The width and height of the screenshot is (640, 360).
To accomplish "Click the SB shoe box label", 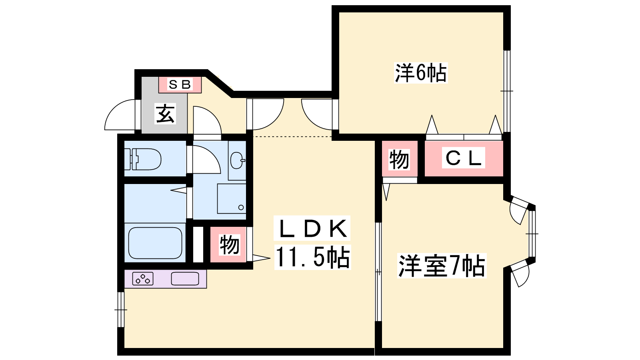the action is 180,84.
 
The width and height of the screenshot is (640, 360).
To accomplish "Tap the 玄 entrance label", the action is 165,114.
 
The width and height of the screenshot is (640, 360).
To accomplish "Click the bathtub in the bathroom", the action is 155,243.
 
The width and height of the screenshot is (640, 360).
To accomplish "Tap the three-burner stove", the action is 143,279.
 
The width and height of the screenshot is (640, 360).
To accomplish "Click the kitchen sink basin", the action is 185,278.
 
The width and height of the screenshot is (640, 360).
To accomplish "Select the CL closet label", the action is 464,158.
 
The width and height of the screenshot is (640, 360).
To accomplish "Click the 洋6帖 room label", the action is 420,73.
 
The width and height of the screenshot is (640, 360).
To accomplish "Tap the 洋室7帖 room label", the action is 442,266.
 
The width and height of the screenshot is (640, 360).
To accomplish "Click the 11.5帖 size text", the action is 312,257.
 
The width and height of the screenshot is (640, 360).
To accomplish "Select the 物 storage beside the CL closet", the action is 400,160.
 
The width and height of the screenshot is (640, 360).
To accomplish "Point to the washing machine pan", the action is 232,198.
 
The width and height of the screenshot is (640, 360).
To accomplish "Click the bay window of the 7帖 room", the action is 532,234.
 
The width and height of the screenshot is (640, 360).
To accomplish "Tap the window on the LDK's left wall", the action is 121,310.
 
